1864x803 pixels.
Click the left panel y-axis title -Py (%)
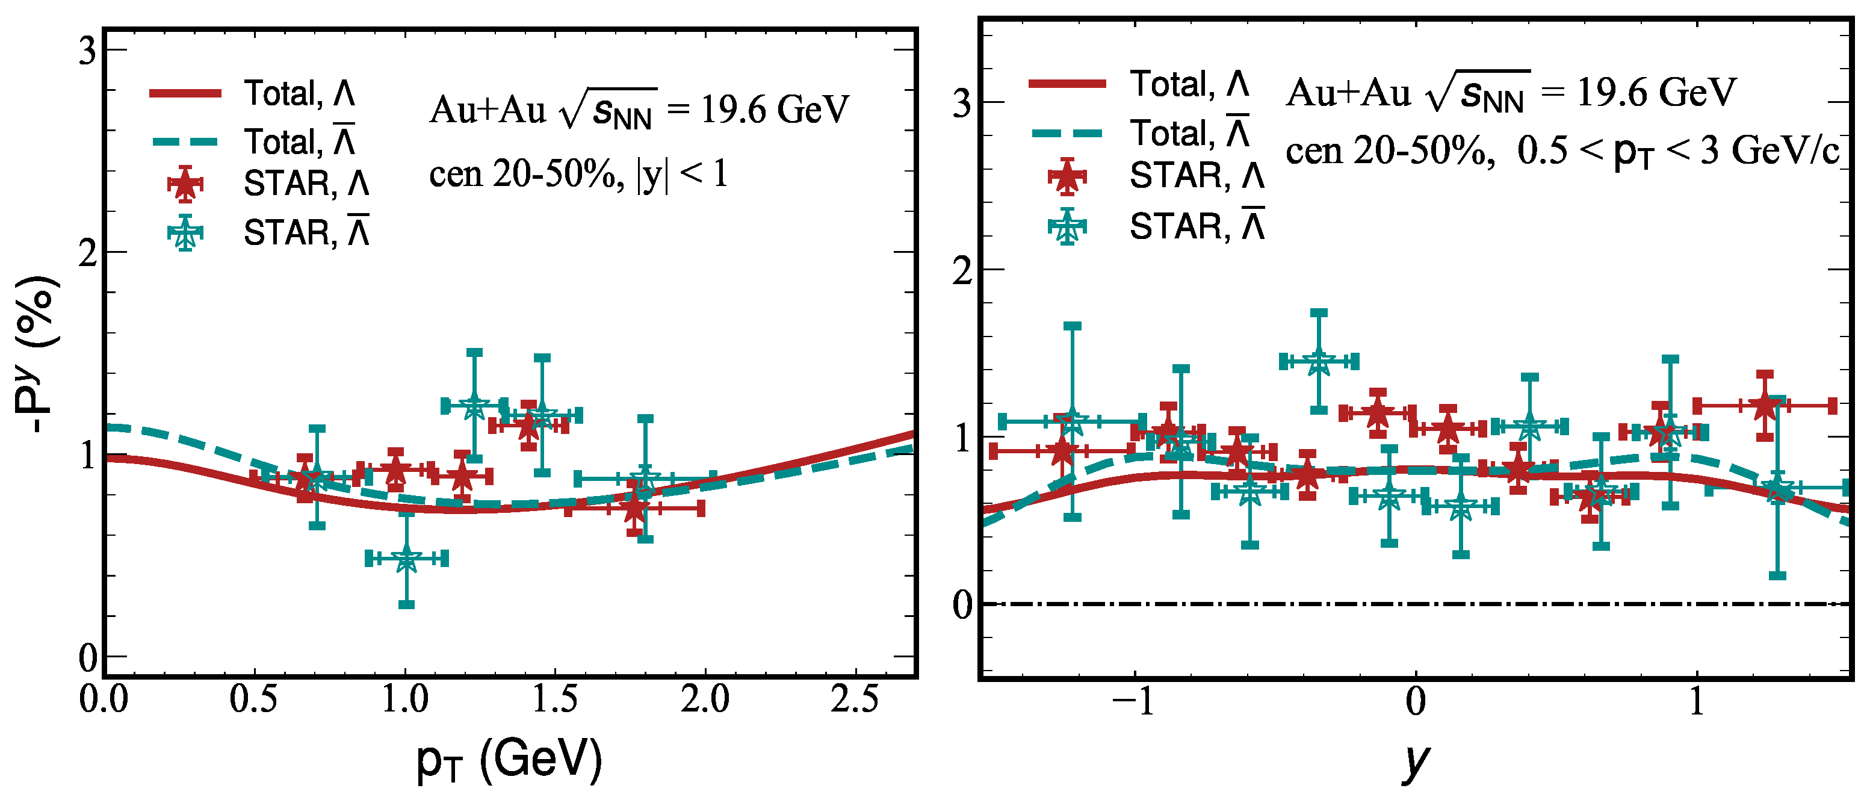point(34,355)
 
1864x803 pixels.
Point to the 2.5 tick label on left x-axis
point(855,699)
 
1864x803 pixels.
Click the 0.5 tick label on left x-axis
point(253,699)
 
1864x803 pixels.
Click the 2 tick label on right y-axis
point(961,271)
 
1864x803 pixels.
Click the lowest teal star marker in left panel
point(407,559)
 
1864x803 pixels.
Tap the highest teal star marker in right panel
point(1319,361)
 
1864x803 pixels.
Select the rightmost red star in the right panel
point(1764,406)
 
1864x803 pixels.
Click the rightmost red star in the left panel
point(634,509)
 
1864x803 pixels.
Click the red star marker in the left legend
point(185,184)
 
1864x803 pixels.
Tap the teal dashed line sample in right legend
point(1067,133)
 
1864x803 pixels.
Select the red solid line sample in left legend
point(185,93)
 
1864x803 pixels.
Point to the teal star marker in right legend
point(1067,227)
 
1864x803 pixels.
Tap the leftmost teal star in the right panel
point(1073,421)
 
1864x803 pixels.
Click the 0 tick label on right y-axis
point(962,605)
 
